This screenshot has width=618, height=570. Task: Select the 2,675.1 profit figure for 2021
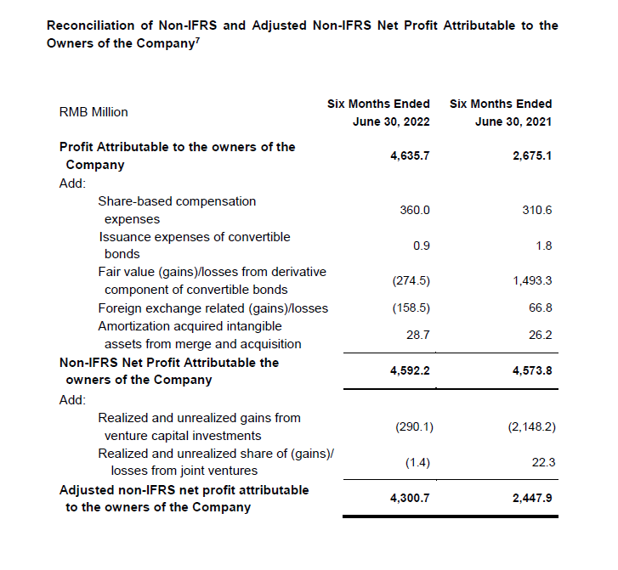point(532,156)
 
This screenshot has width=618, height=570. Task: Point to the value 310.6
point(537,210)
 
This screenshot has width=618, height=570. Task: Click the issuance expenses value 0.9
point(421,245)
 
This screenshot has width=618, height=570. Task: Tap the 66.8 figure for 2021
point(541,308)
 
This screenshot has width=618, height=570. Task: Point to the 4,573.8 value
point(532,371)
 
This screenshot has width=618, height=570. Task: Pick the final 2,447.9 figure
point(532,498)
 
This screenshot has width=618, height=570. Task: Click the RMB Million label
point(94,112)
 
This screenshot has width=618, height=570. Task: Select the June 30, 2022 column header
point(391,121)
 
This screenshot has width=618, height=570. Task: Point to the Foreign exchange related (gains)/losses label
point(213,308)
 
